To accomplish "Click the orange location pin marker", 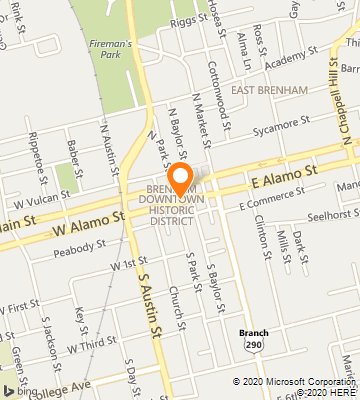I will coord(181,177).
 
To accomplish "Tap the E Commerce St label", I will coord(269,204).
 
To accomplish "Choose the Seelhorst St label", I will coord(332,214).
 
